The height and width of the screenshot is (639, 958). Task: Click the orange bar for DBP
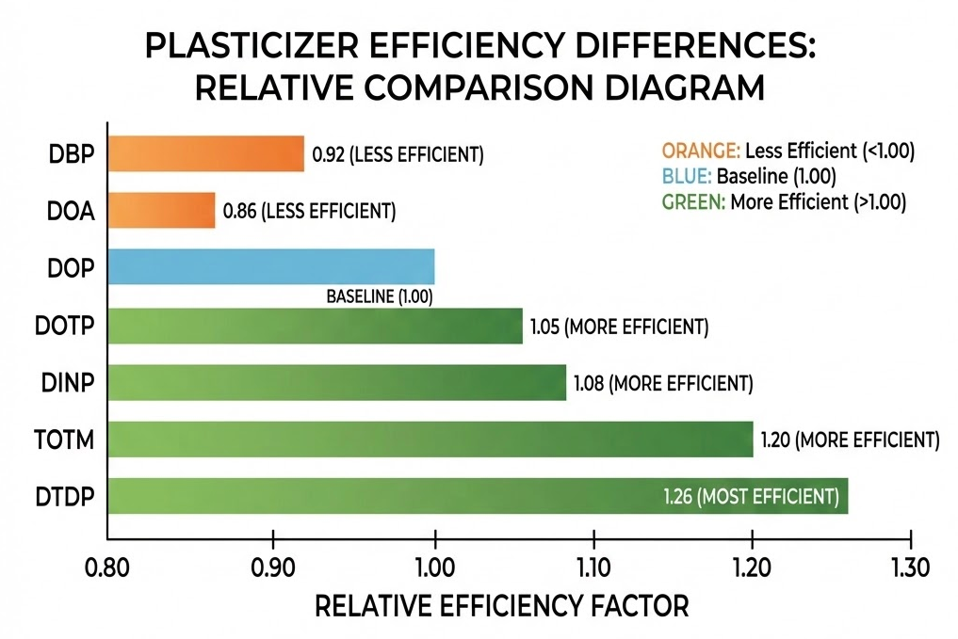[x=205, y=153]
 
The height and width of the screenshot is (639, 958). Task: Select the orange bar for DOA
[x=161, y=211]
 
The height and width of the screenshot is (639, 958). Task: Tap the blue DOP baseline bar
[x=271, y=267]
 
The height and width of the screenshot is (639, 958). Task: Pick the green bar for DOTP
[x=315, y=326]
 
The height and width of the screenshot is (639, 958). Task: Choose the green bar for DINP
[x=337, y=382]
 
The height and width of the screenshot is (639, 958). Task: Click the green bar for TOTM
[x=430, y=439]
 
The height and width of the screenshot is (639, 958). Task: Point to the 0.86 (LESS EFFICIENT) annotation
[x=309, y=212]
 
